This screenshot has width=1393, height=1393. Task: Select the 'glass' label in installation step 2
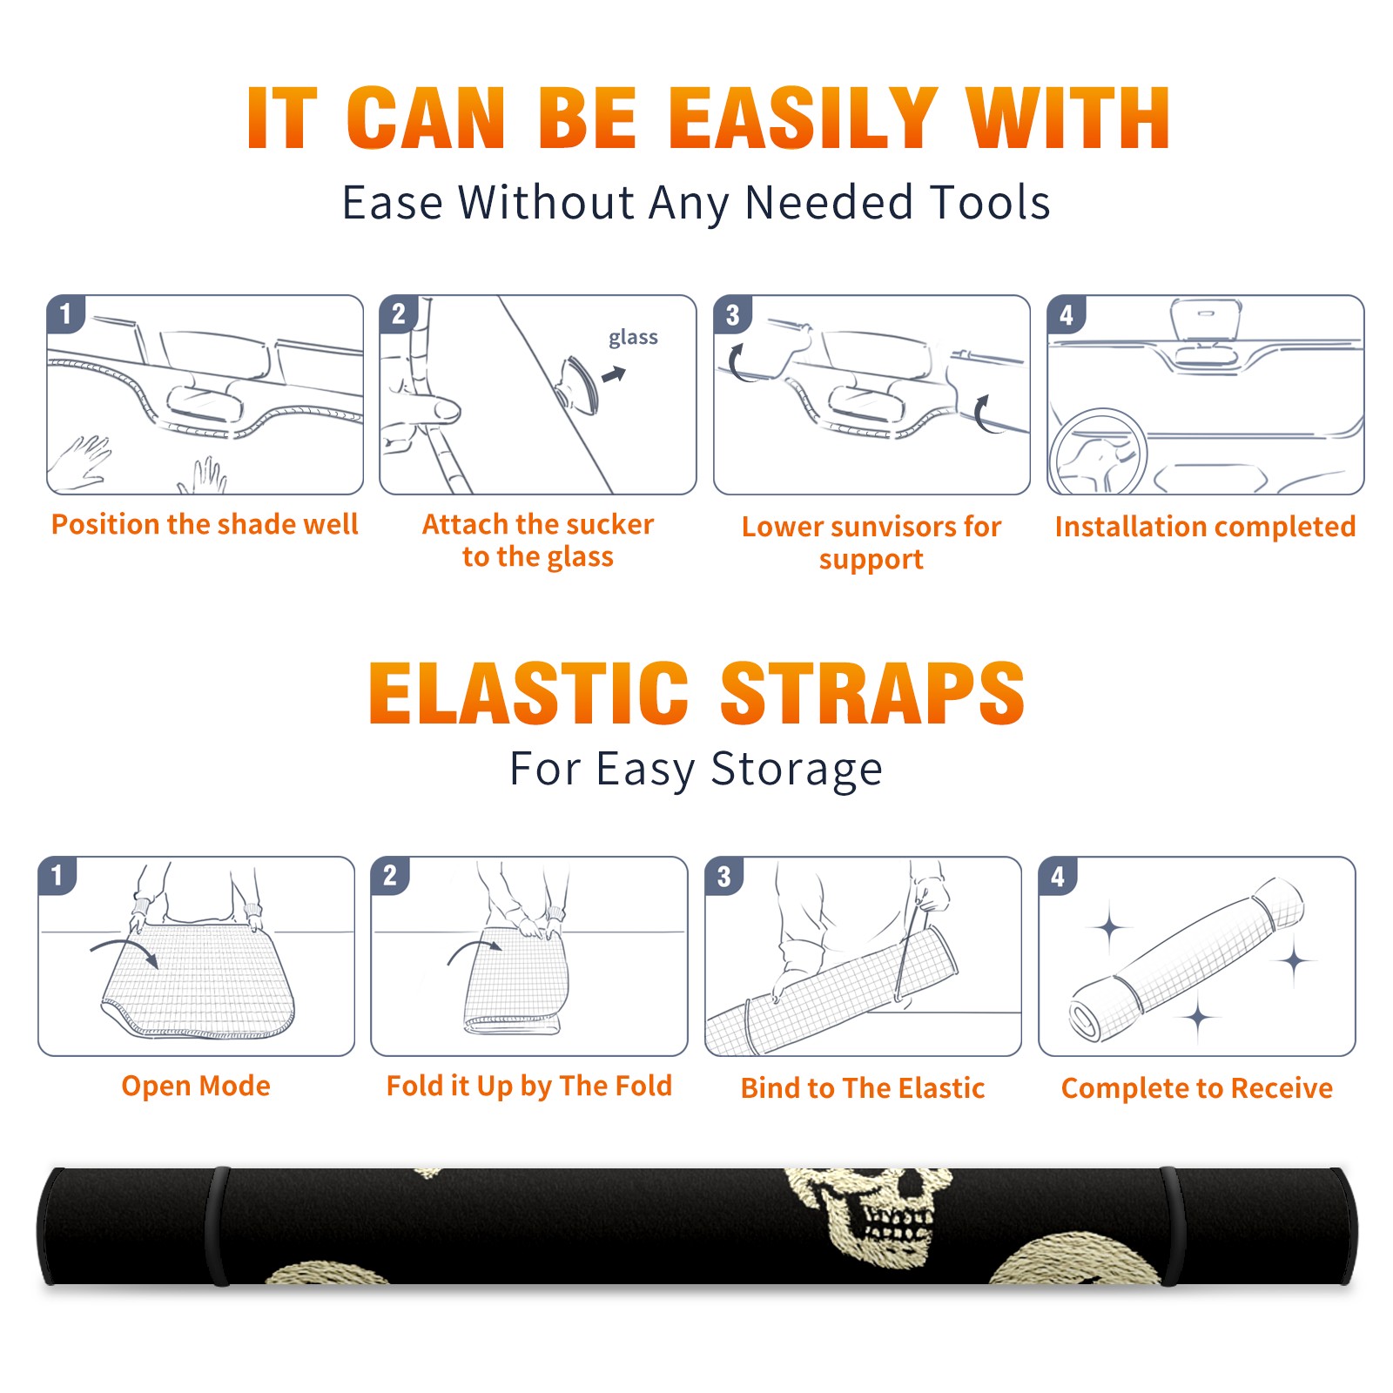tap(633, 338)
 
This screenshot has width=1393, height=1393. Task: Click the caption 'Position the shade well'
tap(205, 524)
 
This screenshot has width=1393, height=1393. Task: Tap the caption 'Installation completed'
tap(1205, 526)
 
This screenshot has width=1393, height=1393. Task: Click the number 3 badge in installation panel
tap(732, 315)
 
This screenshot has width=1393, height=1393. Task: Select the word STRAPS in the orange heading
tap(872, 693)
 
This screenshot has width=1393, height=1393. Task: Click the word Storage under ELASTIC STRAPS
tap(797, 769)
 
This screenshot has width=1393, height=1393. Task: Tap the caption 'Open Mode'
tap(196, 1086)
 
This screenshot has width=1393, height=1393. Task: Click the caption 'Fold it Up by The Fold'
tap(529, 1086)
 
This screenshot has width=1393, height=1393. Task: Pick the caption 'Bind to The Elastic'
tap(863, 1088)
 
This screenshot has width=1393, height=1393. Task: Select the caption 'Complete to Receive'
tap(1197, 1088)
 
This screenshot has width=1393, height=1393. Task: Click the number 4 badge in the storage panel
tap(1058, 876)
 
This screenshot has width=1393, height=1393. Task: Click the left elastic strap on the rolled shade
tap(219, 1227)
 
